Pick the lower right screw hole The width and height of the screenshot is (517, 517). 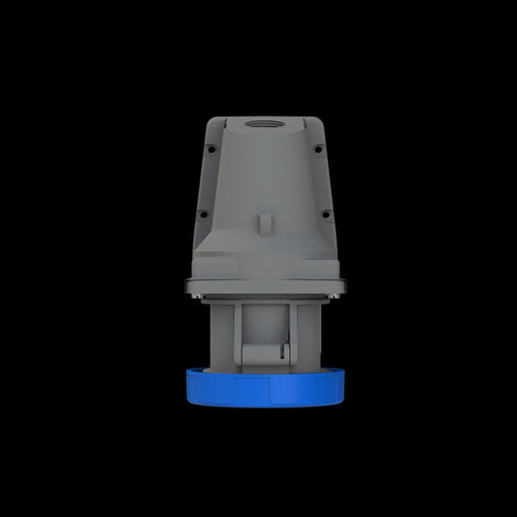pos(325,214)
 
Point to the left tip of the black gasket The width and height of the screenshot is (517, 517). pos(186,283)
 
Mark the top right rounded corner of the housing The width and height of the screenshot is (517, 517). pos(308,121)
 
